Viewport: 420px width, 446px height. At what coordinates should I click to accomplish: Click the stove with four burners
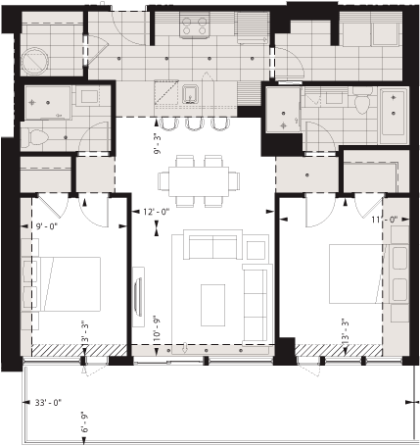194,25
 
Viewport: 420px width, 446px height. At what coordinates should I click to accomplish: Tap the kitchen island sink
192,95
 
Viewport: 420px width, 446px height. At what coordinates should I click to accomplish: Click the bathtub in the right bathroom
395,113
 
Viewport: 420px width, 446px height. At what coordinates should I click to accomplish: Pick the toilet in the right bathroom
360,104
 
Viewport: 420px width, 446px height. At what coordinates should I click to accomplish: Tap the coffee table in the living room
212,305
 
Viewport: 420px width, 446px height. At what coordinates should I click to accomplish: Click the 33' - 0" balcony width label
47,402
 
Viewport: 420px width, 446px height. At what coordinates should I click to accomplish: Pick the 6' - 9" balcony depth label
85,427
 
